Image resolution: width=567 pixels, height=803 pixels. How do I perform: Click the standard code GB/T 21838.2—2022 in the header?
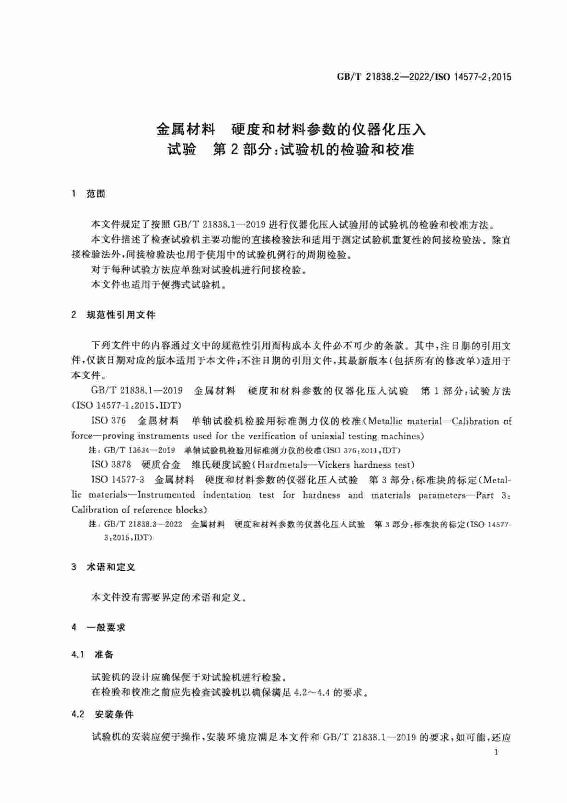pyautogui.click(x=383, y=76)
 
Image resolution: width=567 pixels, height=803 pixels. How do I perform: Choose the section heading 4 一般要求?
pyautogui.click(x=98, y=627)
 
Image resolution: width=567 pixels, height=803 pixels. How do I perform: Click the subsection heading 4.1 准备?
pyautogui.click(x=92, y=654)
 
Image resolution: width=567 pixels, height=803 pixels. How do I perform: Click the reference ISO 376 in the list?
pyautogui.click(x=108, y=421)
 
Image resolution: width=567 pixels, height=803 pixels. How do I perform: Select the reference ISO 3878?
pyautogui.click(x=111, y=464)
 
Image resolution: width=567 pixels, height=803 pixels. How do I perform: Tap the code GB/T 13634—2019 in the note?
pyautogui.click(x=139, y=450)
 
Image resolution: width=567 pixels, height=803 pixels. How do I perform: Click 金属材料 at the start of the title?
pyautogui.click(x=186, y=129)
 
